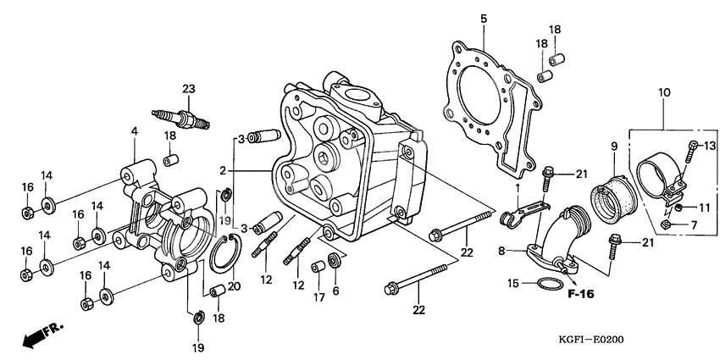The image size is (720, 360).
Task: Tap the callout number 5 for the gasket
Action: pyautogui.click(x=484, y=19)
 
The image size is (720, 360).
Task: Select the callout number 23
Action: pyautogui.click(x=188, y=89)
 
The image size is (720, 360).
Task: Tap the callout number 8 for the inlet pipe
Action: pyautogui.click(x=501, y=251)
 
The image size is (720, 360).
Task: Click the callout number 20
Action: pyautogui.click(x=235, y=285)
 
